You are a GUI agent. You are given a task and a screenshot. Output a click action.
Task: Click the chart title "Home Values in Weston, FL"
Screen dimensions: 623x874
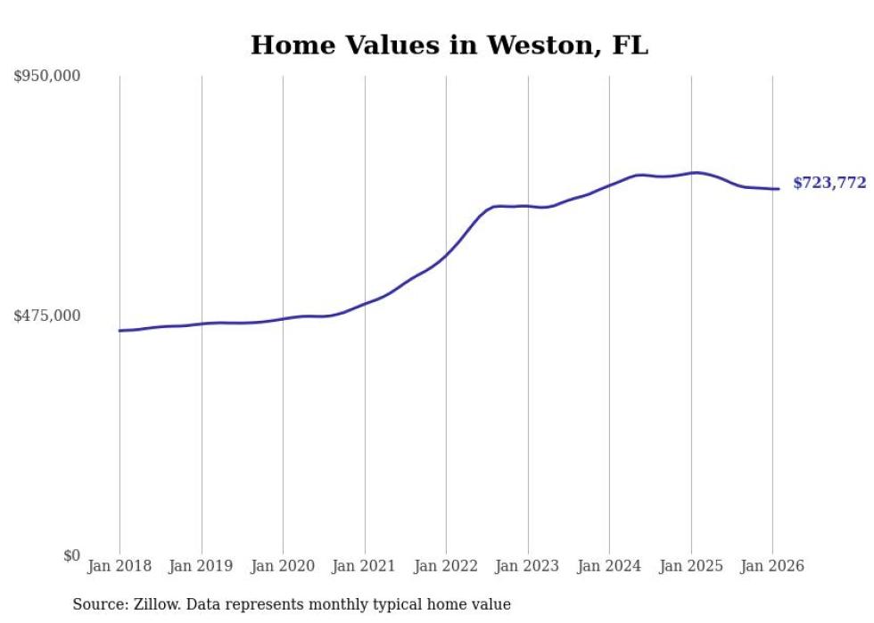point(449,45)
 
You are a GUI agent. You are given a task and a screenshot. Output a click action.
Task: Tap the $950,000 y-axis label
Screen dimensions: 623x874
point(47,77)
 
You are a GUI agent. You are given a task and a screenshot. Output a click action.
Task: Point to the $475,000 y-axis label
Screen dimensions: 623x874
point(47,316)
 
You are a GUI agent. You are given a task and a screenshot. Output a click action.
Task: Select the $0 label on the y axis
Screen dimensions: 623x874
point(71,555)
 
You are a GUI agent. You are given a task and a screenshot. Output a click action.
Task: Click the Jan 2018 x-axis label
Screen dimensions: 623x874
point(120,566)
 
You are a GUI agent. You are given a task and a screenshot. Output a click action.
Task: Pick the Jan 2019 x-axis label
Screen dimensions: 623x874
point(202,566)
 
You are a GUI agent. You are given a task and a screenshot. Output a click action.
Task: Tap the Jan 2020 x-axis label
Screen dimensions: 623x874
point(283,566)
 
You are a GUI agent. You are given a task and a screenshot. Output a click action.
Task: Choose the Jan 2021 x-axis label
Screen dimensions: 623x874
point(365,566)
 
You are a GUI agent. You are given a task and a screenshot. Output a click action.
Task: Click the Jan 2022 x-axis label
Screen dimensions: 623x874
point(446,566)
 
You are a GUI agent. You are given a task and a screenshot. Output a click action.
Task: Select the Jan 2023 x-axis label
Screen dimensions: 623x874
point(528,566)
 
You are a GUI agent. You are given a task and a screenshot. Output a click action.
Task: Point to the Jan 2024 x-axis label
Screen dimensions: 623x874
point(609,566)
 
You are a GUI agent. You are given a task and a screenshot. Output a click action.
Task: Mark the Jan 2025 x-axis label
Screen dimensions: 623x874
point(691,566)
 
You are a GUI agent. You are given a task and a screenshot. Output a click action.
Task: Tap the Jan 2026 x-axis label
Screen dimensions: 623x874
point(772,566)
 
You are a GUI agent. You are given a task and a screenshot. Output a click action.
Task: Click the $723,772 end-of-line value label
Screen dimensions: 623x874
point(829,184)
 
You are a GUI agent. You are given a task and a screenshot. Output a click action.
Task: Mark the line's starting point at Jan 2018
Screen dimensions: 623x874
point(120,331)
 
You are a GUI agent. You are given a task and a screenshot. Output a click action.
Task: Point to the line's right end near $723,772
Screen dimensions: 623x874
point(779,189)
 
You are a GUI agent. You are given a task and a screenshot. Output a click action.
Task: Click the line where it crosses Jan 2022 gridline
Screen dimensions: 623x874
point(446,254)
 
